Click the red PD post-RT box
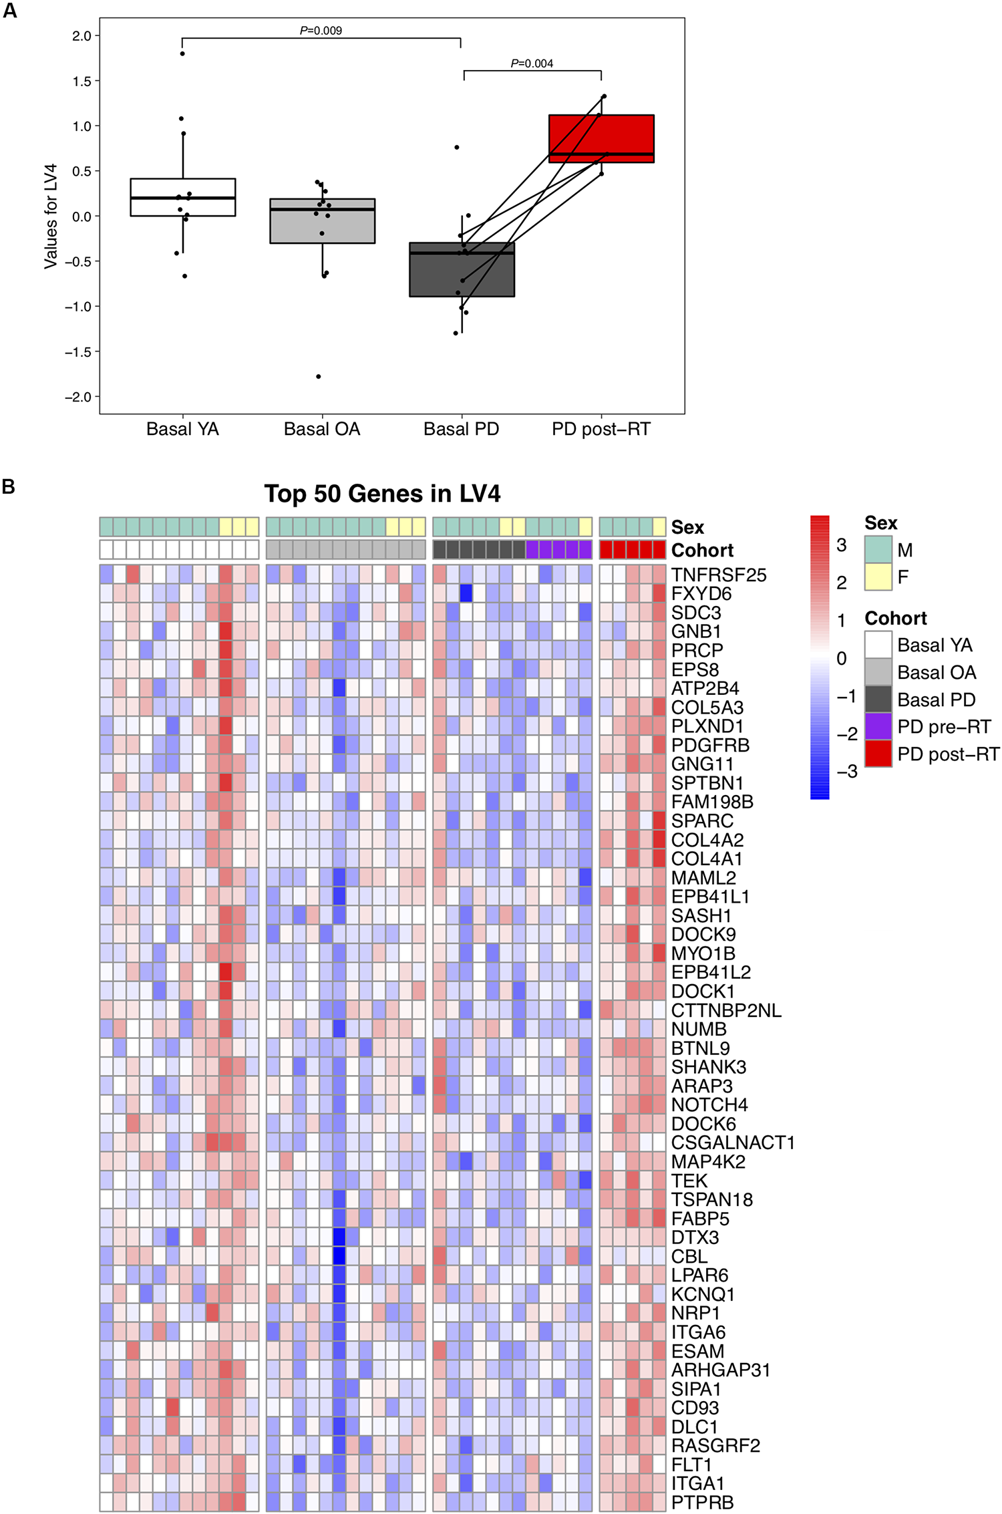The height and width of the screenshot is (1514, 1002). (601, 138)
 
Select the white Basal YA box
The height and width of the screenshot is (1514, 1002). (182, 197)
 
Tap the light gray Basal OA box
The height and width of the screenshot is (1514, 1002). (322, 220)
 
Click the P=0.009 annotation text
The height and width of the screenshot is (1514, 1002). (321, 30)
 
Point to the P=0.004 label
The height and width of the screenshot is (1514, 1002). (532, 63)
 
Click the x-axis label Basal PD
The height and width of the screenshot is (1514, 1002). (461, 429)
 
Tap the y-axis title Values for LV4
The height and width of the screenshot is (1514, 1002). (51, 216)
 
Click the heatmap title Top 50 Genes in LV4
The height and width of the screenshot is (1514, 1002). (381, 494)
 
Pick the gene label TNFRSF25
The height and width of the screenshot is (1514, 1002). (719, 575)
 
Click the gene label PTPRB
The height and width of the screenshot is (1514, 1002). (702, 1502)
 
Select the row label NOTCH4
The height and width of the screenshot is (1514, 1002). (709, 1104)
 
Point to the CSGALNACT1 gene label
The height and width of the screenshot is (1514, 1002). (733, 1143)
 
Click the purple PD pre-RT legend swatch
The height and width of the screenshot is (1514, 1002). (878, 726)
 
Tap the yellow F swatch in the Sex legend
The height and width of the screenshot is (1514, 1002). (878, 577)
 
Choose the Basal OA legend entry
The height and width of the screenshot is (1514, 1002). (937, 672)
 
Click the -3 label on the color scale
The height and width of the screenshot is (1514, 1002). (846, 772)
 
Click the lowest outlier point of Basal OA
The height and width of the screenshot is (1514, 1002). (319, 377)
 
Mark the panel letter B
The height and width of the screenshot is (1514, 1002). (9, 486)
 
